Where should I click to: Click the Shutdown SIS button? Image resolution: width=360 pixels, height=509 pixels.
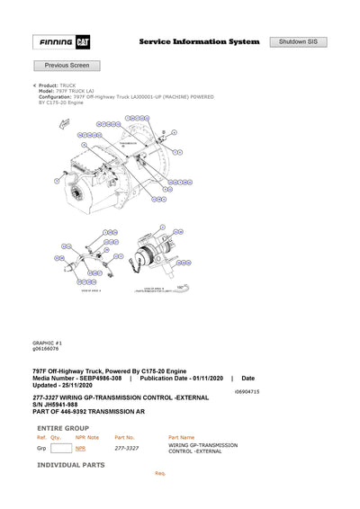pyautogui.click(x=298, y=42)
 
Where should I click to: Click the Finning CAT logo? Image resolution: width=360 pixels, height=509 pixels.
pyautogui.click(x=60, y=42)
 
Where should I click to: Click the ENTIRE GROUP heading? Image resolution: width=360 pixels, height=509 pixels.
pyautogui.click(x=63, y=428)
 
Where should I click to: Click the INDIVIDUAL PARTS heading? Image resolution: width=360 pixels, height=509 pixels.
pyautogui.click(x=70, y=465)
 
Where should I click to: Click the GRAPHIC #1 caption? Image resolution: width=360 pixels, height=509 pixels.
pyautogui.click(x=47, y=343)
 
